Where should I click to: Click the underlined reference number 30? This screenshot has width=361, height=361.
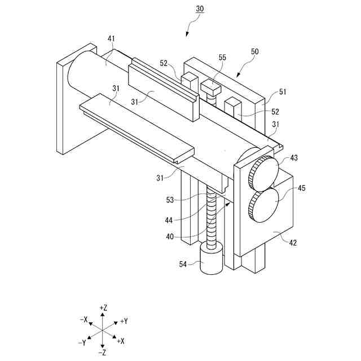point(200,9)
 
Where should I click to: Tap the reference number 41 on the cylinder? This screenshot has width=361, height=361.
point(111,38)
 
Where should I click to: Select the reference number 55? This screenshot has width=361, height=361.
point(222,58)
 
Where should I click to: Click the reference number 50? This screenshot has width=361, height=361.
point(254,51)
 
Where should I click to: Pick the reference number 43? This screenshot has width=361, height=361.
point(294,159)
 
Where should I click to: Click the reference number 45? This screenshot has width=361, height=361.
point(302,188)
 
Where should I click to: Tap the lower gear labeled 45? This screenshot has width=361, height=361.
point(263,205)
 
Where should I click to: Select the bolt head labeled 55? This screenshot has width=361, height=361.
point(210,86)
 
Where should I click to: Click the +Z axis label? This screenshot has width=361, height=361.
point(103,307)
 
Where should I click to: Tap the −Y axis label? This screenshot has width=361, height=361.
point(82,342)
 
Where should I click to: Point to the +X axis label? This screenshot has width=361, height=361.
point(120,341)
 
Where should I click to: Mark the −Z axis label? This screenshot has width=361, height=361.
point(102,353)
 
